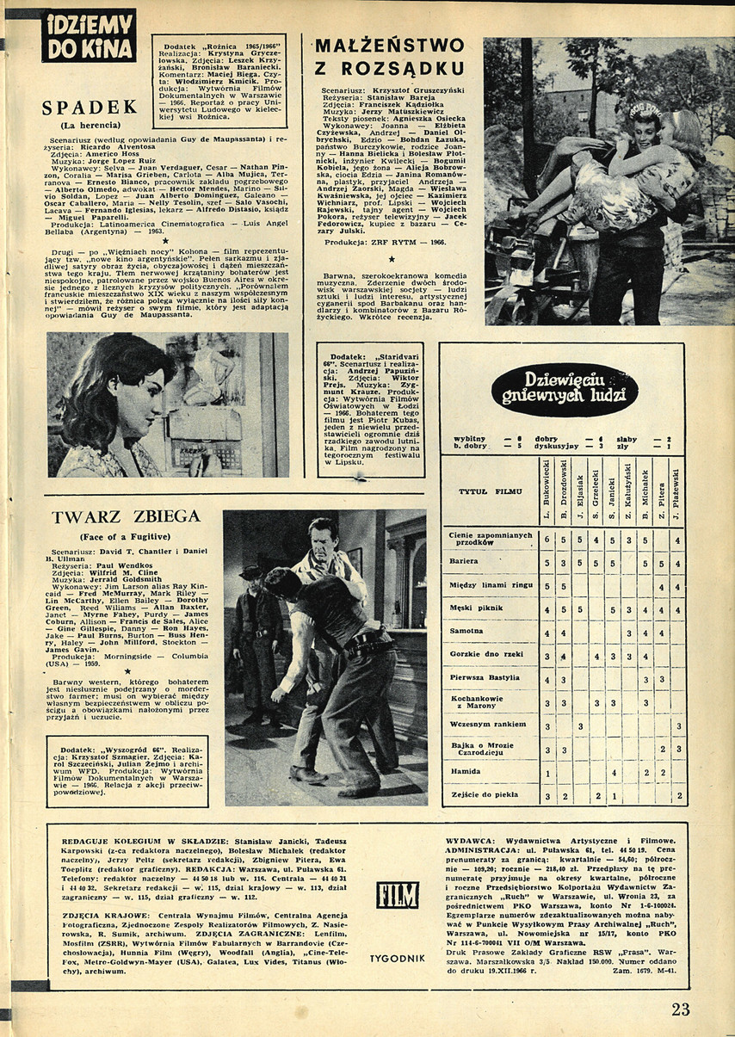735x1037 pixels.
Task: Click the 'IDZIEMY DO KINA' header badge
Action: point(89,35)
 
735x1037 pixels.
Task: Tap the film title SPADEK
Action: point(90,108)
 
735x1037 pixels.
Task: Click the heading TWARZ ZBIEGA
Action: point(126,516)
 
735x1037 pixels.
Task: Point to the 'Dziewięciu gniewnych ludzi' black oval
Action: point(565,390)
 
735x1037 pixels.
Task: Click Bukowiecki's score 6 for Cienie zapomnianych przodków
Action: point(547,540)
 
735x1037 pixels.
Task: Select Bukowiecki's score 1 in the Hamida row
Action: point(547,773)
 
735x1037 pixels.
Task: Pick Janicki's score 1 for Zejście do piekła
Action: point(613,796)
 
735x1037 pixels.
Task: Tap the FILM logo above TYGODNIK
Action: point(397,895)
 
